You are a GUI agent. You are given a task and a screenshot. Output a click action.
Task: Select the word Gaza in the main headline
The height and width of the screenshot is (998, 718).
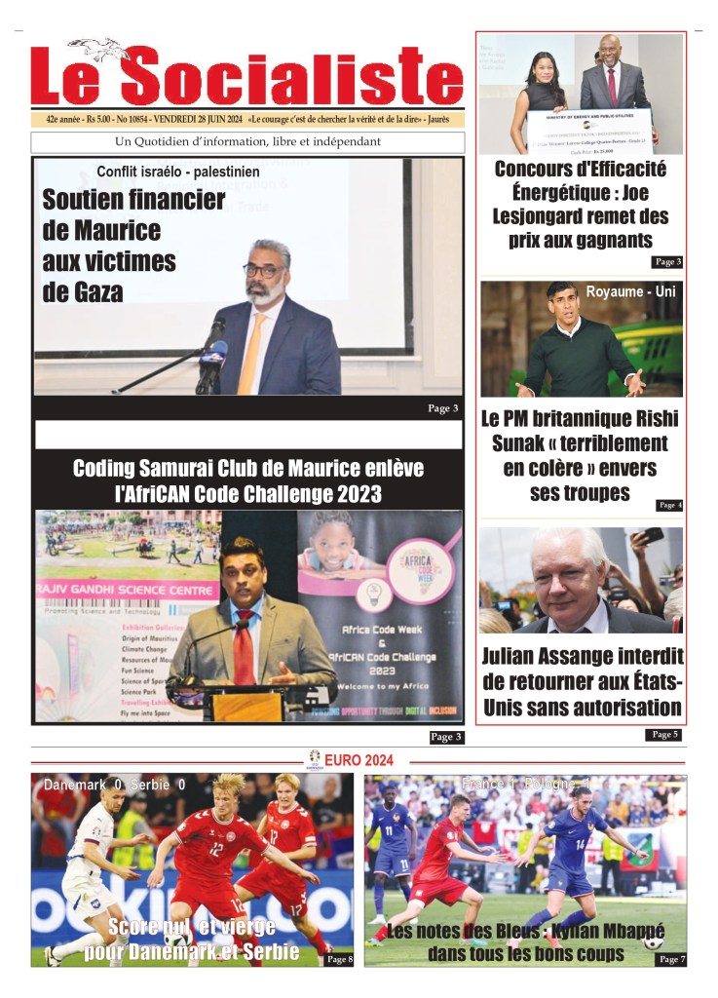pyautogui.click(x=84, y=290)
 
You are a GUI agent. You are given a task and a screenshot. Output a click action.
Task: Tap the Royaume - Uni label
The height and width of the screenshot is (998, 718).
pyautogui.click(x=629, y=290)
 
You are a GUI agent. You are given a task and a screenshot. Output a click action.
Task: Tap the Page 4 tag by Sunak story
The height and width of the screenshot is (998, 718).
pyautogui.click(x=669, y=505)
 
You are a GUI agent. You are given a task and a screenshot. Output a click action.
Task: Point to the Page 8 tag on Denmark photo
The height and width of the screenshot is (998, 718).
pyautogui.click(x=338, y=960)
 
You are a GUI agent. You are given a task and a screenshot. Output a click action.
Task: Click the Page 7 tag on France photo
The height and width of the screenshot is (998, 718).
pyautogui.click(x=671, y=960)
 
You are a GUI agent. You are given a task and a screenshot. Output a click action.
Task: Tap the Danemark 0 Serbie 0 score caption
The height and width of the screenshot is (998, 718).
pyautogui.click(x=114, y=785)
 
